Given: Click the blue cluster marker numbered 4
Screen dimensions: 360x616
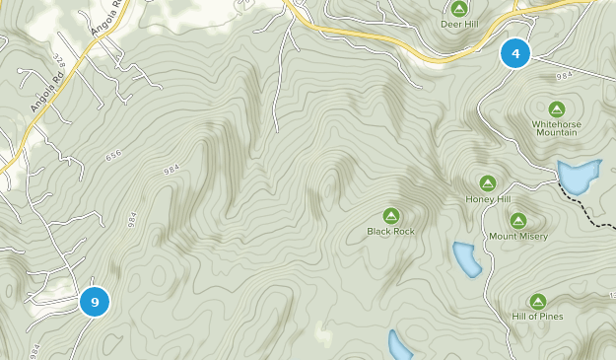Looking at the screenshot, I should (514, 52).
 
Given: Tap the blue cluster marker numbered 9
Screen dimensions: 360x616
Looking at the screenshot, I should (95, 302).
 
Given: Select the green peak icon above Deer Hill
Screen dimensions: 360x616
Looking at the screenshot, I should (457, 8).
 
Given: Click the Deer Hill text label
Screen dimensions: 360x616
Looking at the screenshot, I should (457, 24).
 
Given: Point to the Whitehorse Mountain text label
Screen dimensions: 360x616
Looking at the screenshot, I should (556, 127).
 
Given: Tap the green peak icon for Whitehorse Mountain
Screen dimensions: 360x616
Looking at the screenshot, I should (556, 108).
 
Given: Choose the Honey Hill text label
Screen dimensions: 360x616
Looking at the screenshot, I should (488, 199).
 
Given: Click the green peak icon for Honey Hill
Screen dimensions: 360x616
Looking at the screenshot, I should (487, 182).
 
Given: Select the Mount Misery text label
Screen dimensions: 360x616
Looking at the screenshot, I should (517, 237).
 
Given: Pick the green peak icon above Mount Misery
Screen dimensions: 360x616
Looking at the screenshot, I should (517, 220).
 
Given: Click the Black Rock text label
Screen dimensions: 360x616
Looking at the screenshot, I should (391, 232).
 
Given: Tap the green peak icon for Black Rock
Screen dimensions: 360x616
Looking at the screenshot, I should (391, 215).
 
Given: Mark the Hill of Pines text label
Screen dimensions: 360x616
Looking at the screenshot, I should (538, 317).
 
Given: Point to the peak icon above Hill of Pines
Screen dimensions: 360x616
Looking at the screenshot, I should (538, 301).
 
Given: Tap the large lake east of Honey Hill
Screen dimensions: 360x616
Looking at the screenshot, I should (578, 177).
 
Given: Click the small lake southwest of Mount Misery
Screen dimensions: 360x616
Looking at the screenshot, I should (466, 258).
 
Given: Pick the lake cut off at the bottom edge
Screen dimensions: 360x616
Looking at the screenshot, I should (399, 346).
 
